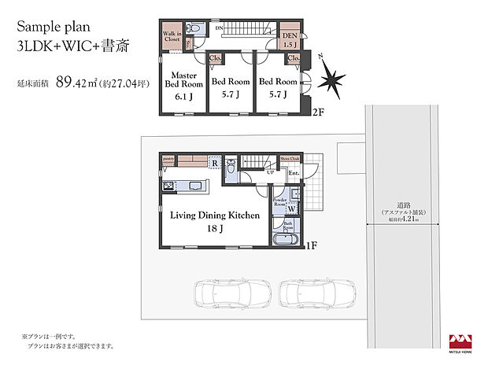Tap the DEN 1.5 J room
pyautogui.click(x=290, y=39)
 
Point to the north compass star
pyautogui.click(x=331, y=79)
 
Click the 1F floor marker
pyautogui.click(x=312, y=245)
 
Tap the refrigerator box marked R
pyautogui.click(x=214, y=164)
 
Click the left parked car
pyautogui.click(x=225, y=296)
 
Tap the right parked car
pyautogui.click(x=310, y=296)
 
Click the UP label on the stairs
pyautogui.click(x=259, y=172)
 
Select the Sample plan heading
pyautogui.click(x=58, y=26)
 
